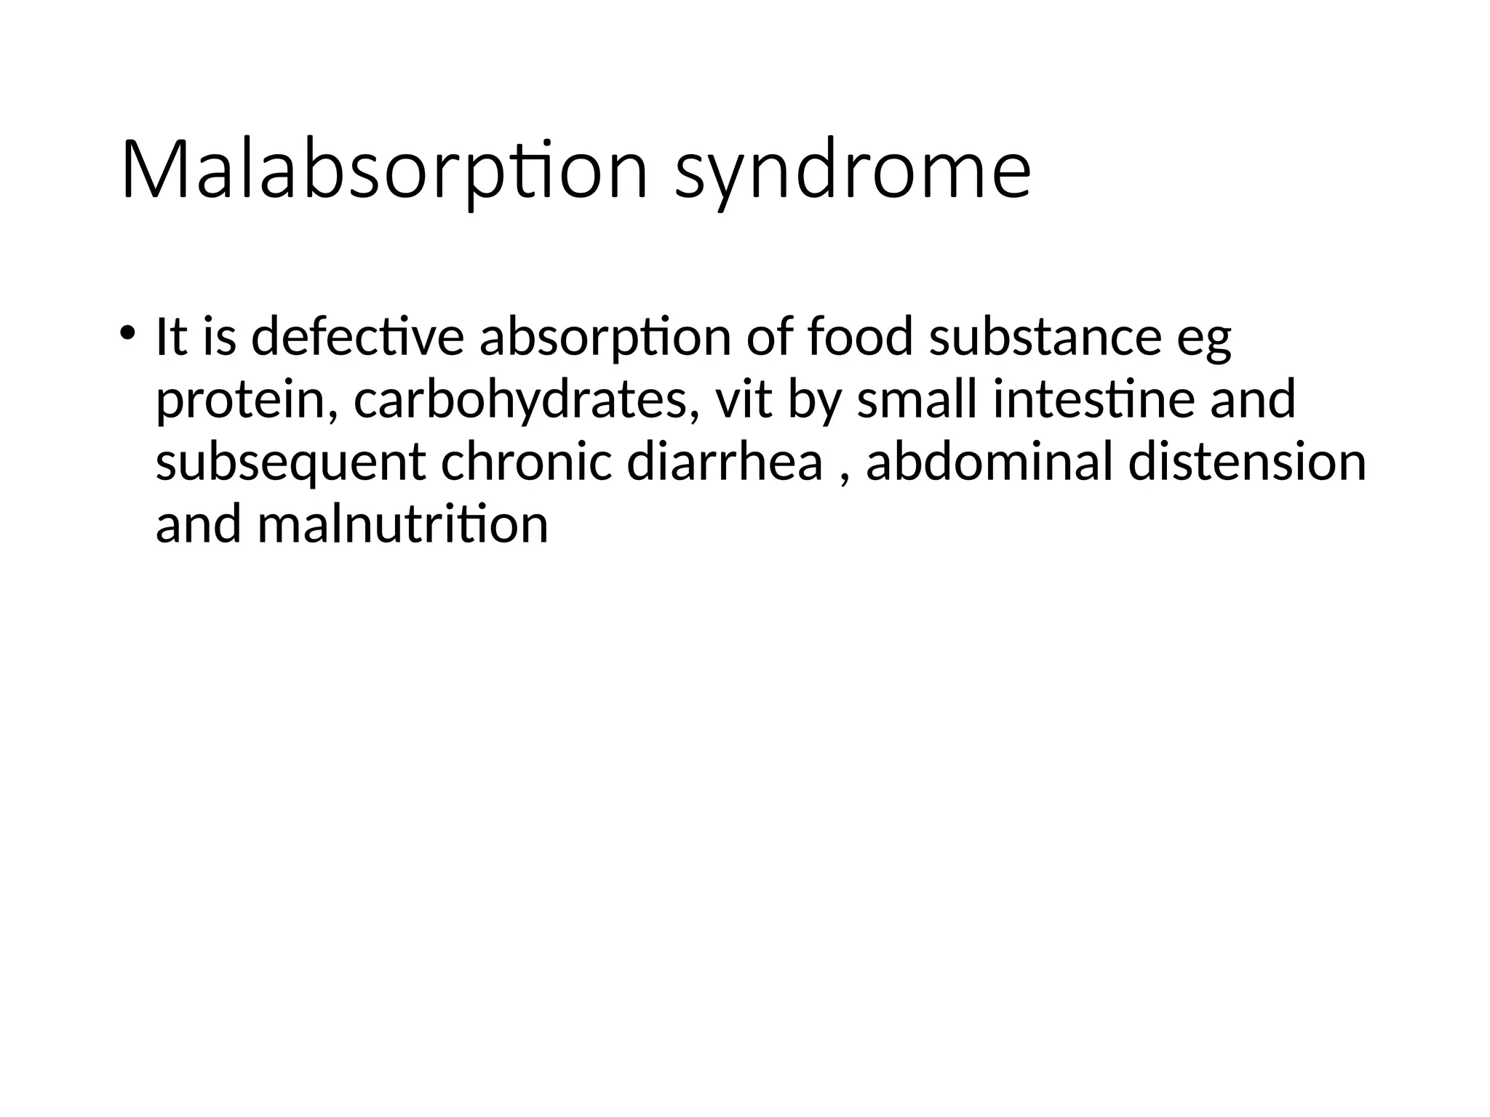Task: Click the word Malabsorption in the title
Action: pos(384,171)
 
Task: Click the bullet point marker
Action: pos(127,333)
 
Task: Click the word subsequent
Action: pos(290,463)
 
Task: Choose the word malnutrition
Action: pos(402,524)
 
